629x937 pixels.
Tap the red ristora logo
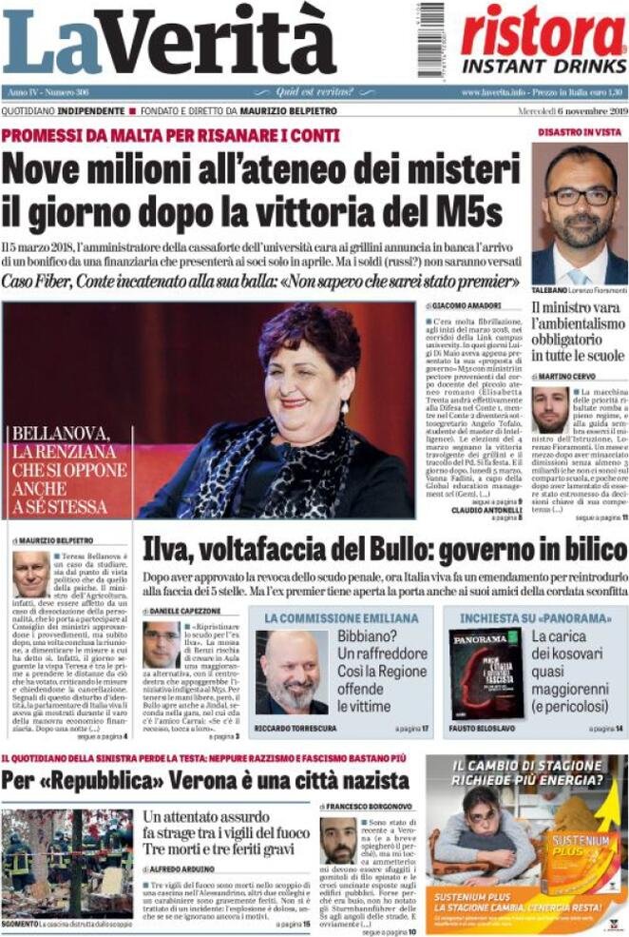point(543,30)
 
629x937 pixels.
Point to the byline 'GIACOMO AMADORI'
point(467,306)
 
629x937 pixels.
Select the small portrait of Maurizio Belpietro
point(30,574)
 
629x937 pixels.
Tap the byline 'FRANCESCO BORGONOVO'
point(373,807)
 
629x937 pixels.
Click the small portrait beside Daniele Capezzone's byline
point(161,644)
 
